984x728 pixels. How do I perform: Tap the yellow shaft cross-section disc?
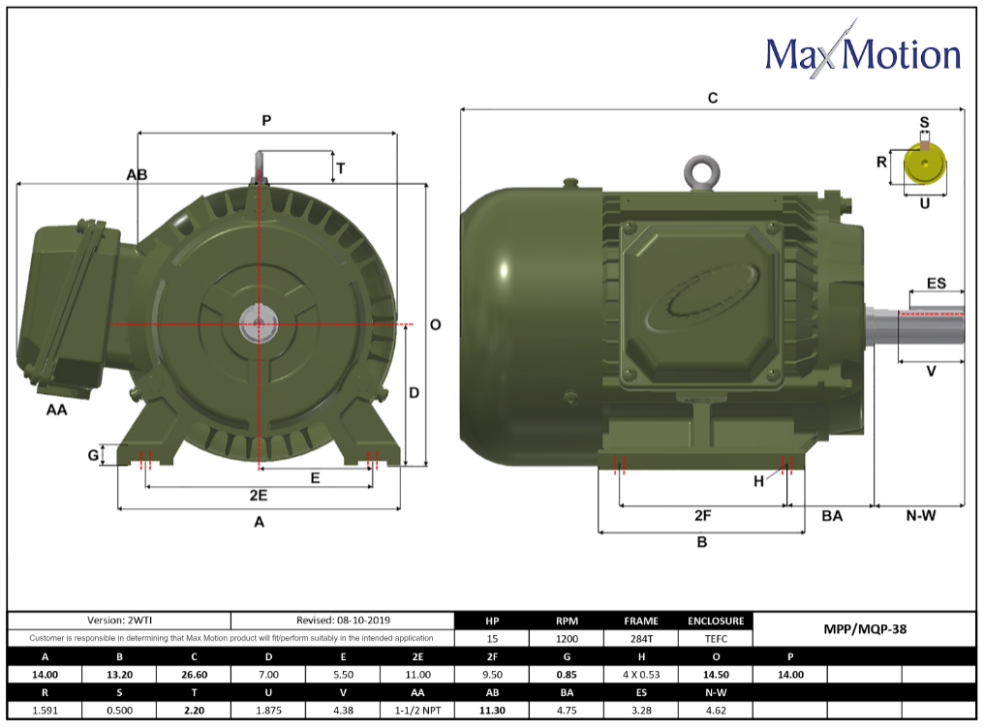[925, 167]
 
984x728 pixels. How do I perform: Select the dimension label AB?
[137, 174]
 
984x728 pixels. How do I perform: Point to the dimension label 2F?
[703, 515]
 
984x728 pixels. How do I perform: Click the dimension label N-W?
[920, 516]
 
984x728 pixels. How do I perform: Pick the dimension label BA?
[831, 516]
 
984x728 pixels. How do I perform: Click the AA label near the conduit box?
[56, 410]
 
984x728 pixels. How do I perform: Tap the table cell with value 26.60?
[194, 674]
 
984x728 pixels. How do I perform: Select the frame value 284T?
[641, 639]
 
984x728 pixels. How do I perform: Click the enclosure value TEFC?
[716, 639]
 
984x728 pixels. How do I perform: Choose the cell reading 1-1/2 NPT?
[417, 710]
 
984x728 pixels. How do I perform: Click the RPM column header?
[567, 621]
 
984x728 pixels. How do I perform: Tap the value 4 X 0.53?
[641, 674]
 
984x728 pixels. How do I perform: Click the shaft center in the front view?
[259, 323]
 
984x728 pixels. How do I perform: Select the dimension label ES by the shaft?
[936, 284]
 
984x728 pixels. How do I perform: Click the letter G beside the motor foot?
[93, 455]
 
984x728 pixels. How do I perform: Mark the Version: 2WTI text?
[120, 621]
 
